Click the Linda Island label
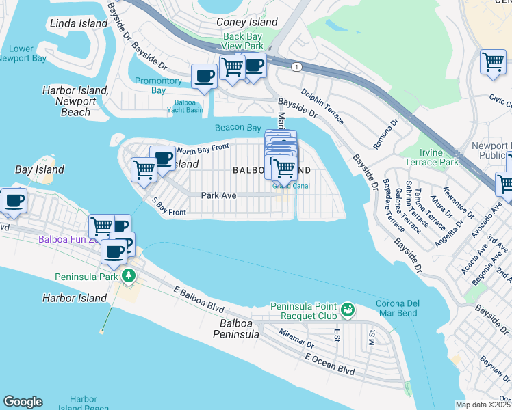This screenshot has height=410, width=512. pyautogui.click(x=79, y=23)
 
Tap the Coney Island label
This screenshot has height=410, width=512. pyautogui.click(x=247, y=22)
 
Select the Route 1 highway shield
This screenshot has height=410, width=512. pyautogui.click(x=296, y=66)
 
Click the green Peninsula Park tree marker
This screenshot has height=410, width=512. pyautogui.click(x=128, y=277)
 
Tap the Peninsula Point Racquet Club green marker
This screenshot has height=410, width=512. pyautogui.click(x=348, y=310)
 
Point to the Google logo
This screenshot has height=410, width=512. pyautogui.click(x=23, y=402)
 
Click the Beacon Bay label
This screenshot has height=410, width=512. pyautogui.click(x=238, y=128)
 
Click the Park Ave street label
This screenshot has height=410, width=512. pyautogui.click(x=218, y=195)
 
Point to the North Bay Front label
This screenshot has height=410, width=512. pyautogui.click(x=202, y=148)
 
